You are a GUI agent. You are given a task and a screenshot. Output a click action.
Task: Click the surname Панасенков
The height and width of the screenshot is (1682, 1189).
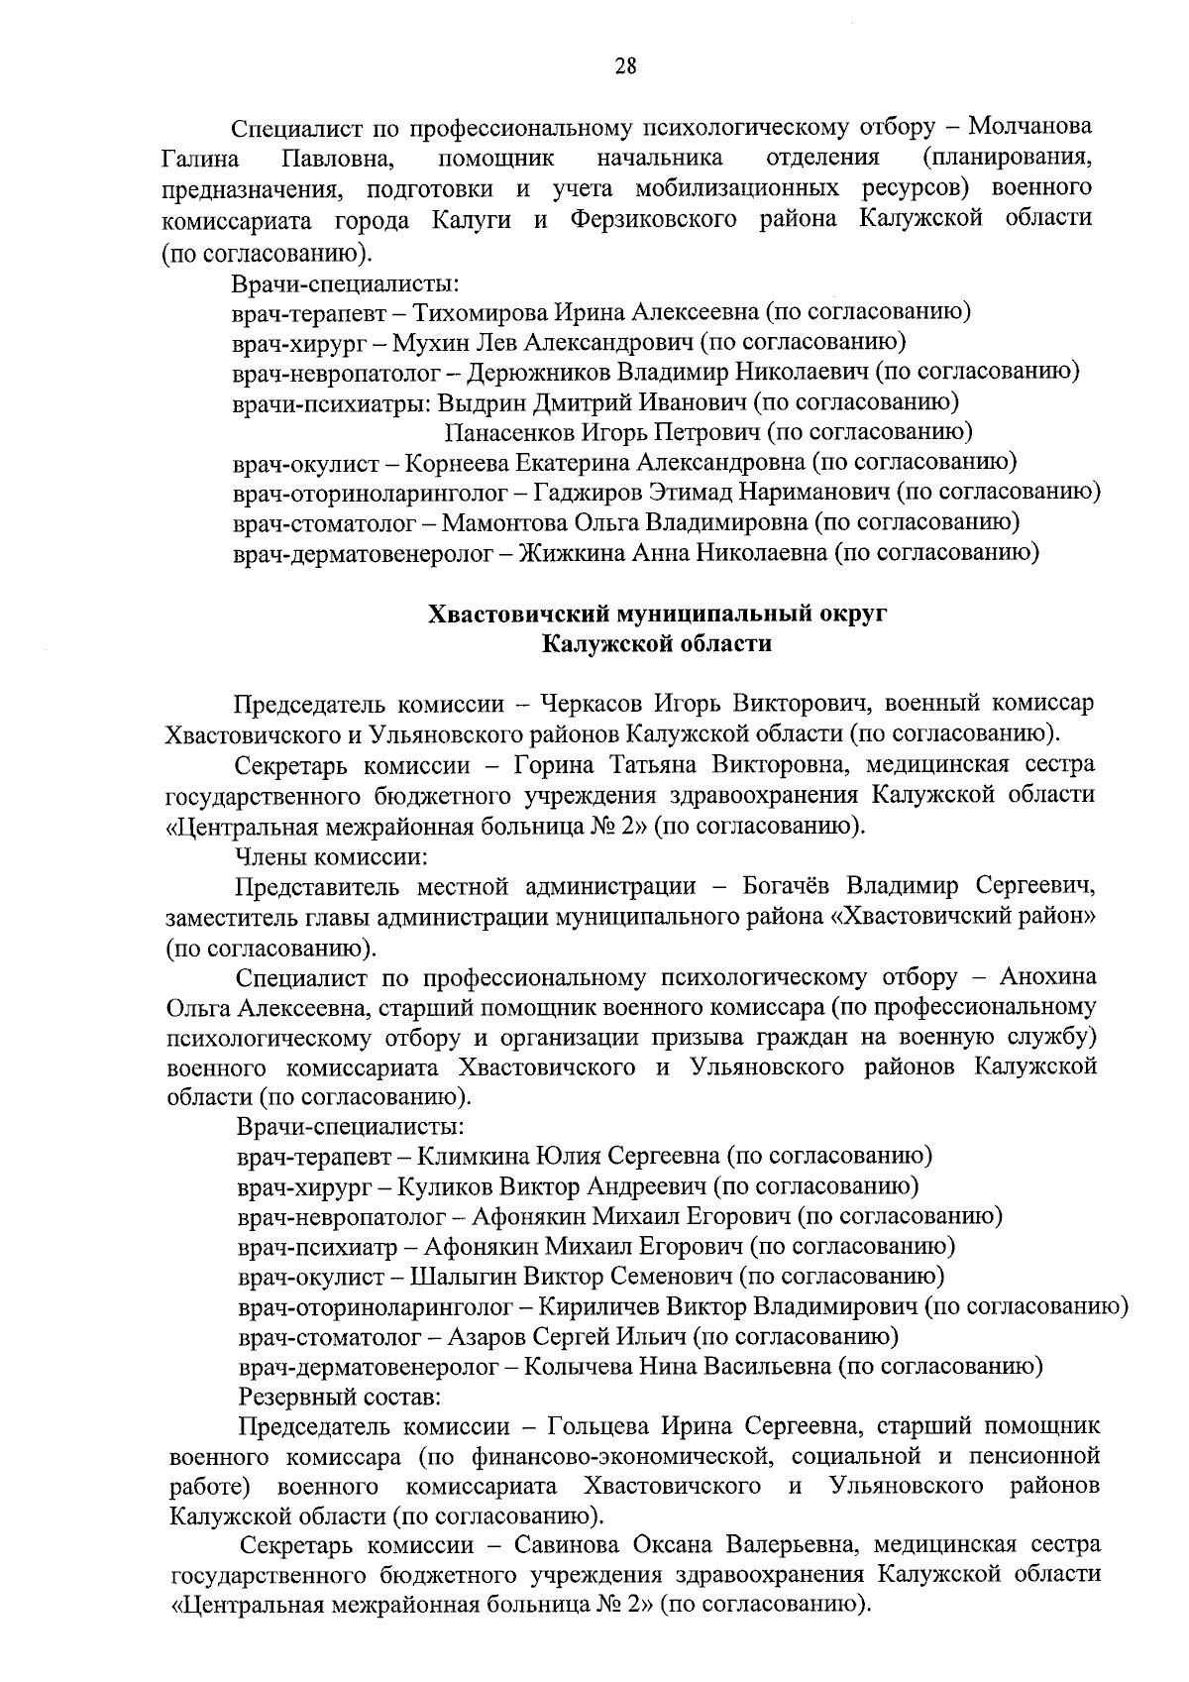click(x=510, y=432)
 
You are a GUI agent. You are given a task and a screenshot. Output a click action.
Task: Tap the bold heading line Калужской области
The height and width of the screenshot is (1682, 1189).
click(x=657, y=643)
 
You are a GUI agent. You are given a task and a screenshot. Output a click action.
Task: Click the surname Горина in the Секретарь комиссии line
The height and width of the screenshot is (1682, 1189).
click(x=553, y=765)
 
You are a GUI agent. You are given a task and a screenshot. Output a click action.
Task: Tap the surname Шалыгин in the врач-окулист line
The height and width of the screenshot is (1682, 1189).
click(x=463, y=1275)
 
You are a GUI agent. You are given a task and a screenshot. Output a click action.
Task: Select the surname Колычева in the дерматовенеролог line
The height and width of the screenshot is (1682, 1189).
click(x=577, y=1367)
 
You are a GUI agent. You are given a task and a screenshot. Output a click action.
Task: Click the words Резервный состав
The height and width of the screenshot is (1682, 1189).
click(x=339, y=1397)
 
